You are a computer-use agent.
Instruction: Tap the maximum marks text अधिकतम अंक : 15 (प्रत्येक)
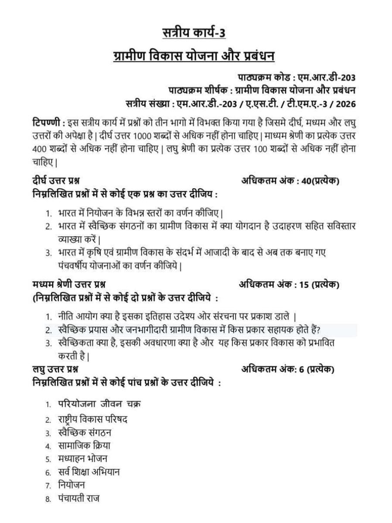point(289,285)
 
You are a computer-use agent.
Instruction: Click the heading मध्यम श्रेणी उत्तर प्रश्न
point(69,285)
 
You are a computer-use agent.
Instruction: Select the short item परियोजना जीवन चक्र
point(99,403)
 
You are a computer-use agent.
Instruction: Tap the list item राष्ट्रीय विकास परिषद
point(92,419)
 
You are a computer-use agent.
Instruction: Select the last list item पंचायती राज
point(78,498)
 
